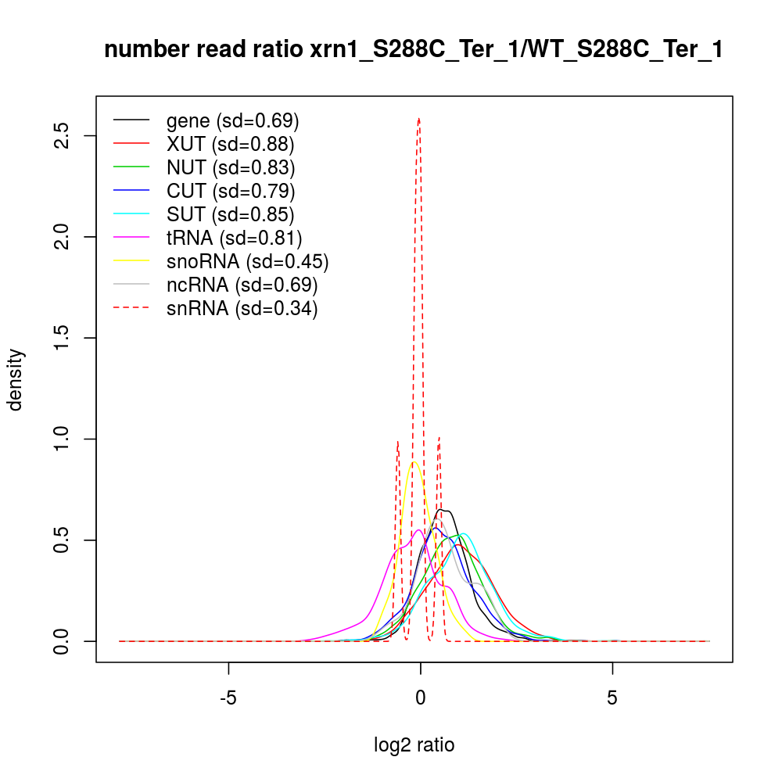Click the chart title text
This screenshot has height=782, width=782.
tap(413, 50)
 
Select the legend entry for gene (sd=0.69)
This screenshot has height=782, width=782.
tap(233, 121)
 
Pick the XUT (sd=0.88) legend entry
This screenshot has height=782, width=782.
tap(230, 145)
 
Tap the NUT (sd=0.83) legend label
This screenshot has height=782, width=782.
tap(231, 168)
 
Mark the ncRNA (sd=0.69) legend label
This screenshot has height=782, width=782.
tap(242, 285)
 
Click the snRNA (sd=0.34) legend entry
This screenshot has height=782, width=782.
tap(242, 309)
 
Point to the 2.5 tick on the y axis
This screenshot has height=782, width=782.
tap(66, 136)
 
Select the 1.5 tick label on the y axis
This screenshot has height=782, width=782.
tap(66, 338)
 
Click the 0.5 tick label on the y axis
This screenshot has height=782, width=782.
tap(66, 540)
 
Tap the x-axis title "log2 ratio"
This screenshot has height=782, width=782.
tap(414, 745)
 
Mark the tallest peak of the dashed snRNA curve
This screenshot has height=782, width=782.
tap(419, 119)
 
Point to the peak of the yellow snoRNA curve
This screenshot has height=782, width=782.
tap(414, 462)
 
